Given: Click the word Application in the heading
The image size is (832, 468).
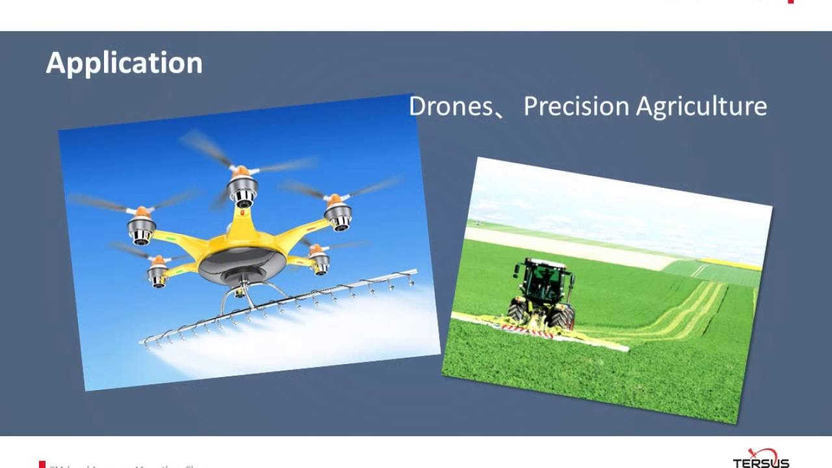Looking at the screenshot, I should [124, 63].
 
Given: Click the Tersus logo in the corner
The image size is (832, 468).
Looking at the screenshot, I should [761, 458].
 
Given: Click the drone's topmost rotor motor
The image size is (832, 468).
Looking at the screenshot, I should [242, 188].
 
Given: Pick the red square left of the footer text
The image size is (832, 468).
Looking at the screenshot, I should [42, 464].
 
